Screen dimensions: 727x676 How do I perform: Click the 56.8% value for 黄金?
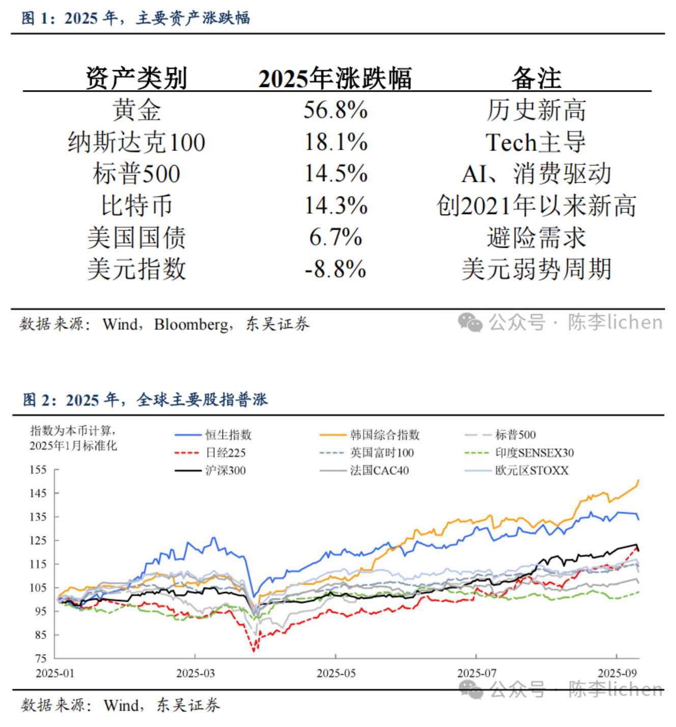pos(335,110)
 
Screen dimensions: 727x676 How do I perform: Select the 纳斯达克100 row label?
pos(136,142)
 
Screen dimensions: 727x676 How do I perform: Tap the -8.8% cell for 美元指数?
pos(335,269)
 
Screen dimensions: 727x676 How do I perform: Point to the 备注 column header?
pos(536,78)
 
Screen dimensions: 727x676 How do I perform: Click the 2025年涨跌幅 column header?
pos(335,78)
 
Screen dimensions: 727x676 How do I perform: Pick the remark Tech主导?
pos(536,142)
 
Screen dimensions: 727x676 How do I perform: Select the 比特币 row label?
pos(136,206)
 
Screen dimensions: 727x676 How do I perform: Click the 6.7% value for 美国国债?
pos(335,238)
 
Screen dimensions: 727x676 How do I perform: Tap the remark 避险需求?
pos(536,238)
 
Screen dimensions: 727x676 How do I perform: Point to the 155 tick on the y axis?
pos(38,469)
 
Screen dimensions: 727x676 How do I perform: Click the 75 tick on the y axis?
pos(40,658)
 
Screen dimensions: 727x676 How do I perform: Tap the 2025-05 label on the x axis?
pos(336,673)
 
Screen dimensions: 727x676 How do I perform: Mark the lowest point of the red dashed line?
pos(254,651)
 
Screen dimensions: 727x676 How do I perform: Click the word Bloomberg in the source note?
pos(191,324)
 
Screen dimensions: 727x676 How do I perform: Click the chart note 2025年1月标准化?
pos(73,446)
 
